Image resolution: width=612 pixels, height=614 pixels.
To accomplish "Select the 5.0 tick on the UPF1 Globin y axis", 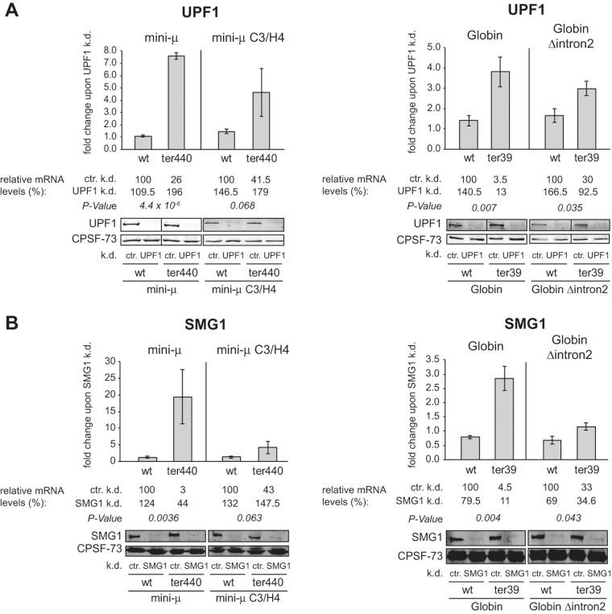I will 434,47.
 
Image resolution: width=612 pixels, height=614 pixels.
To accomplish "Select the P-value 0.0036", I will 143,520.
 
